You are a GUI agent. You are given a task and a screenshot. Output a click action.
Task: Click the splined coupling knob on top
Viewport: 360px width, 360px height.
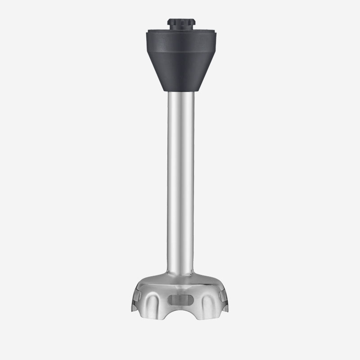point(183,23)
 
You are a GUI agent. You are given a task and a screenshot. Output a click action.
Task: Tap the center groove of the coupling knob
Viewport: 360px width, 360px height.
point(183,22)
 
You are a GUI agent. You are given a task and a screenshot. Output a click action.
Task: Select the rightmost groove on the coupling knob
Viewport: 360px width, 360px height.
point(192,22)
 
